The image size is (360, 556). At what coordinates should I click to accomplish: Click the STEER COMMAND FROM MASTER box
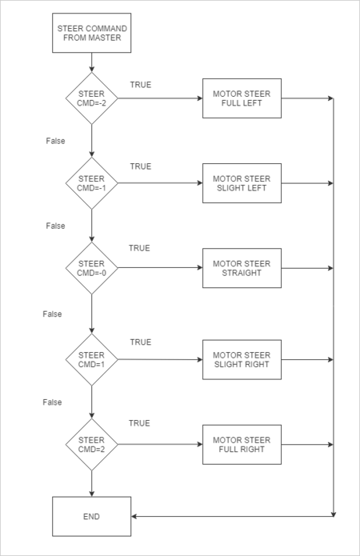(91, 33)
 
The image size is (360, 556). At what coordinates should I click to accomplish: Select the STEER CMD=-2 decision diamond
(91, 98)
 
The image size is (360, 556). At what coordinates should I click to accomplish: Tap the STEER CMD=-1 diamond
(91, 183)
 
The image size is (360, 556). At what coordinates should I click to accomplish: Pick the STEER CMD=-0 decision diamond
(91, 268)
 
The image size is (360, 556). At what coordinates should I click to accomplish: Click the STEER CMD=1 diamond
(91, 359)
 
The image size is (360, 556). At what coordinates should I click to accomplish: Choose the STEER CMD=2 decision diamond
(91, 444)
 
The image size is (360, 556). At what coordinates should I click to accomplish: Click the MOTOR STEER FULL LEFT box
(242, 98)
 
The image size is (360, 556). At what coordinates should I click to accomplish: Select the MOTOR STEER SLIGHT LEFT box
(242, 183)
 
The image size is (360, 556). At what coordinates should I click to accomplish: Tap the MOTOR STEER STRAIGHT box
(242, 268)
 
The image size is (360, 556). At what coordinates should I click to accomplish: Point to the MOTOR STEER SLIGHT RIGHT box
(242, 359)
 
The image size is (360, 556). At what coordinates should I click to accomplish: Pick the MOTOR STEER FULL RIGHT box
(242, 444)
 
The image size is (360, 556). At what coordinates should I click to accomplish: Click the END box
(91, 516)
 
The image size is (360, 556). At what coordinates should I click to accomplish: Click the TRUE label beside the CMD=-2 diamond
(141, 85)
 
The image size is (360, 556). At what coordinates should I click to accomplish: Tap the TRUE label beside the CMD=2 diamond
(139, 423)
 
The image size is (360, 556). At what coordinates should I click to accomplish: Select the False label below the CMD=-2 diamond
(55, 141)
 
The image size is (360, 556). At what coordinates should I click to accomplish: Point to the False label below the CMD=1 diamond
(52, 402)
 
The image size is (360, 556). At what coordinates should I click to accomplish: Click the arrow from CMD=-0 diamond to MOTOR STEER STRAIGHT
(160, 268)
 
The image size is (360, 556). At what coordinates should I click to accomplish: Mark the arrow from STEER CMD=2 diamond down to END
(91, 484)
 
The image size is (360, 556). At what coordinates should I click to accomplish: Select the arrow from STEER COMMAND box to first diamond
(91, 62)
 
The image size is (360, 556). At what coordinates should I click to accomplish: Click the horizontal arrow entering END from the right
(232, 516)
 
